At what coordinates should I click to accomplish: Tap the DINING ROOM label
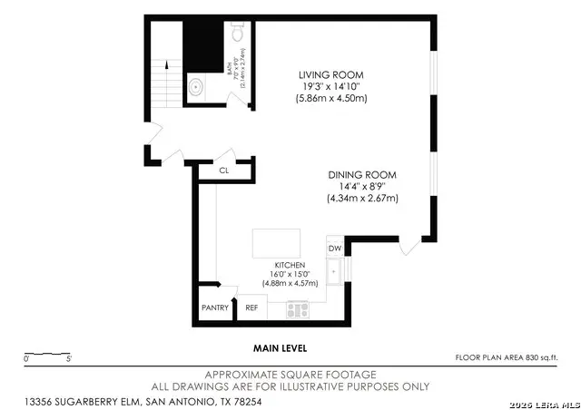coord(362,174)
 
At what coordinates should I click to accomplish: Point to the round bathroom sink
coord(195,88)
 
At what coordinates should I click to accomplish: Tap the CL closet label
coord(223,171)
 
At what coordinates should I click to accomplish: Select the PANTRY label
coord(215,307)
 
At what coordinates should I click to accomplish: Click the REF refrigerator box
coord(252,307)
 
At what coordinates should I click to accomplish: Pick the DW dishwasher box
coord(334,248)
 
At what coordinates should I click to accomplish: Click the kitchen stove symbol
coord(299,309)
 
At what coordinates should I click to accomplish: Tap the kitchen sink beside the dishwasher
coord(334,270)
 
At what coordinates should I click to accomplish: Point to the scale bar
coord(48,354)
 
